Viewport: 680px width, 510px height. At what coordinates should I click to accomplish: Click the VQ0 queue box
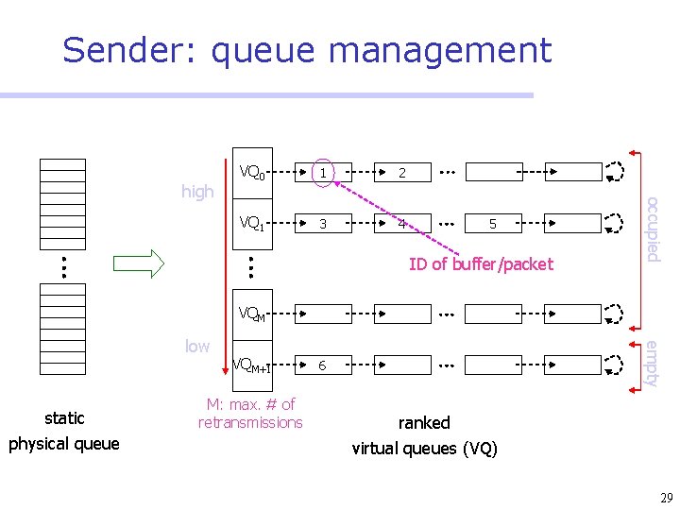click(252, 172)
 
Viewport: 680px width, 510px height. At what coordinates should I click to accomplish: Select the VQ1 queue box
click(252, 224)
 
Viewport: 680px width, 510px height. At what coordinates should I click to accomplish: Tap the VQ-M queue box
click(252, 313)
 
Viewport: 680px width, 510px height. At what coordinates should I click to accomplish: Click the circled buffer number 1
click(323, 173)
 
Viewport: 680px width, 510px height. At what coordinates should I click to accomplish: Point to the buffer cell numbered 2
click(402, 173)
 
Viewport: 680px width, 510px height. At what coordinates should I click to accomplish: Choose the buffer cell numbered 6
click(323, 365)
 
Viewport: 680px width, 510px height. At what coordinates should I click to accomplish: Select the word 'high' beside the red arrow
click(197, 192)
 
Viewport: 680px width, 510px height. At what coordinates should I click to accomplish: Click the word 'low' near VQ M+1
click(197, 346)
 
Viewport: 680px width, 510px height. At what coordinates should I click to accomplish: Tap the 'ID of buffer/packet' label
click(481, 264)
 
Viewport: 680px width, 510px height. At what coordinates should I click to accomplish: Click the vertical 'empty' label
click(652, 363)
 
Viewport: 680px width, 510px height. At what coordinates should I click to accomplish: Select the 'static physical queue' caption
click(64, 431)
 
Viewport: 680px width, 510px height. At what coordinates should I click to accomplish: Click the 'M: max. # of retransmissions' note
click(250, 414)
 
